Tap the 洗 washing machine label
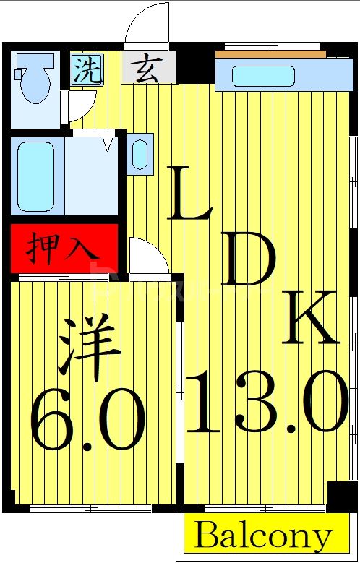[86, 69]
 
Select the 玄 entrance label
[149, 69]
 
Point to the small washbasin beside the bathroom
[140, 153]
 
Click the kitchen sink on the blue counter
[263, 76]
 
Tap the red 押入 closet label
[63, 247]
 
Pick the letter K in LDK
[309, 318]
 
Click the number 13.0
[267, 401]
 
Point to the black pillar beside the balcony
[341, 497]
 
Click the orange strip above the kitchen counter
[267, 53]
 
